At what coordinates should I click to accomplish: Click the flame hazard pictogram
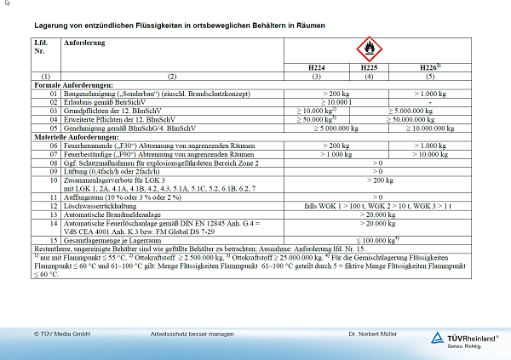point(369,49)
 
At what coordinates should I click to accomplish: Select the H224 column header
point(316,66)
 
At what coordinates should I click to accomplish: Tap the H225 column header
point(369,66)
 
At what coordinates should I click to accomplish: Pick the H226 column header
point(428,66)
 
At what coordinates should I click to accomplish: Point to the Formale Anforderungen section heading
point(72,86)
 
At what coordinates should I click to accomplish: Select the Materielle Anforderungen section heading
point(76,136)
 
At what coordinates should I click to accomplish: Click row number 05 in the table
point(43,128)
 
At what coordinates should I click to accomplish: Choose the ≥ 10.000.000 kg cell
point(430,128)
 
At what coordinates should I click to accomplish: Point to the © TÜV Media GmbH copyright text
point(62,334)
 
